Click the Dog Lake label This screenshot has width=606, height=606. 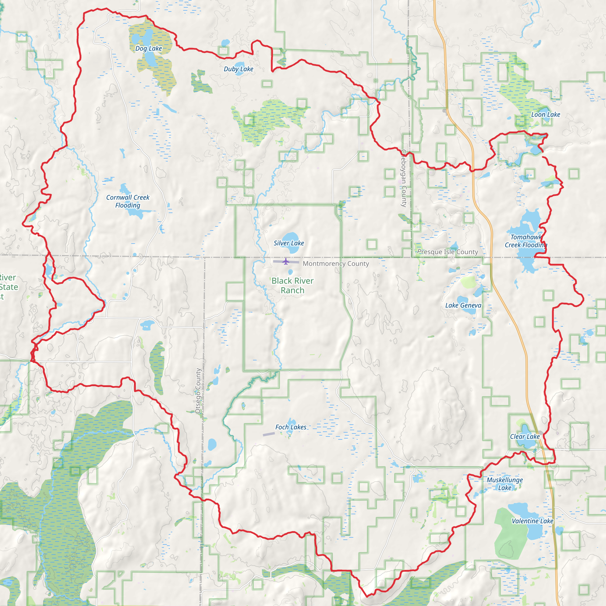click(149, 48)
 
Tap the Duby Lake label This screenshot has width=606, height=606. click(238, 69)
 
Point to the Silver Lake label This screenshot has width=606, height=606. click(289, 243)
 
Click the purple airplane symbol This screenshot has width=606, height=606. click(286, 261)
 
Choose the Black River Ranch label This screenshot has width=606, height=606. click(292, 286)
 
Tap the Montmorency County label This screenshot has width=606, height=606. click(336, 263)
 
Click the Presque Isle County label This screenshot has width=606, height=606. click(448, 252)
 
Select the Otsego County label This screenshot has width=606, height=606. click(198, 391)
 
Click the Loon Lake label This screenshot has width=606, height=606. click(545, 115)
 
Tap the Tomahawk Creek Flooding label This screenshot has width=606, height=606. click(526, 241)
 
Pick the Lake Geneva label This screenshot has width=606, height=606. click(463, 305)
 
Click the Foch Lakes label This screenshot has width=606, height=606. click(291, 427)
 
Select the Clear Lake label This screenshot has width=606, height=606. click(525, 436)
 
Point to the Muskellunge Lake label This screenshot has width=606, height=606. click(505, 484)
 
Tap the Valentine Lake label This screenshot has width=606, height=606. click(532, 521)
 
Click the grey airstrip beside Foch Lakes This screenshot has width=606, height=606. click(268, 434)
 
